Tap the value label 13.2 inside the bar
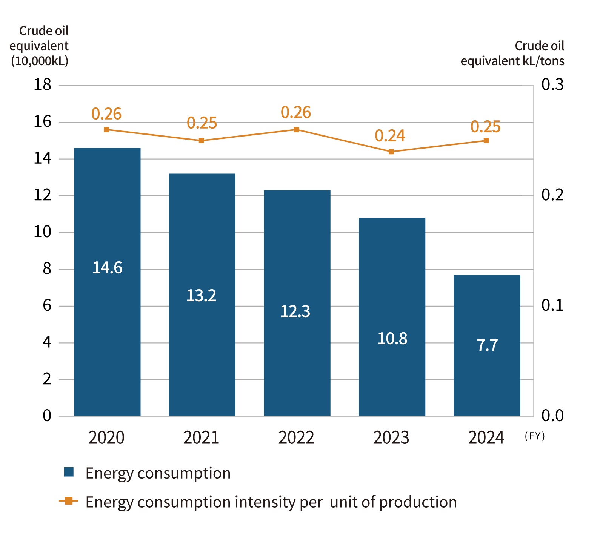point(201,296)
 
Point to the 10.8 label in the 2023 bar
point(392,339)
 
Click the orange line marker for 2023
point(391,152)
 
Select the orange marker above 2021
point(202,141)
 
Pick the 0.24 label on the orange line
point(390,136)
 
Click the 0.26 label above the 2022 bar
point(296,112)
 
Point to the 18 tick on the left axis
point(42,85)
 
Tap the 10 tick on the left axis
point(42,232)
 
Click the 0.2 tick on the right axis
point(552,195)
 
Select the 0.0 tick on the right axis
point(552,416)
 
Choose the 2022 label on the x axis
point(296,438)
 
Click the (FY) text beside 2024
point(535,436)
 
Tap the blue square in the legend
point(69,472)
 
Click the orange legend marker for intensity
point(69,501)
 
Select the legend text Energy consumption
point(158,473)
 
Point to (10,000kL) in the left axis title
point(40,61)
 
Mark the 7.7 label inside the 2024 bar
point(487,345)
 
